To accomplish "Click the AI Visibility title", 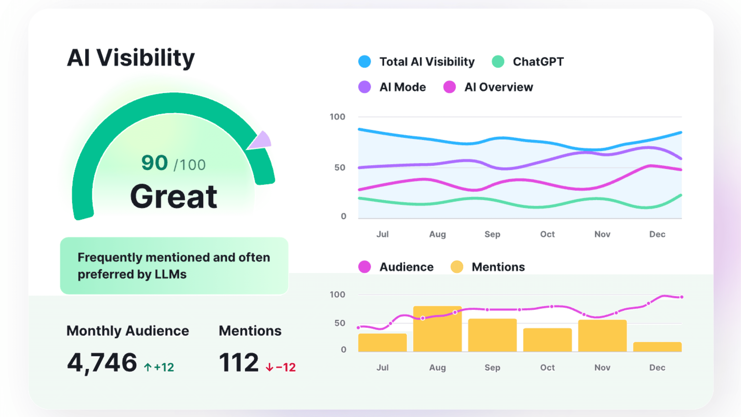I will click(131, 58).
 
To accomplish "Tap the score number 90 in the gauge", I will click(155, 163).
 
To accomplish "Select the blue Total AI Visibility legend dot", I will click(364, 62).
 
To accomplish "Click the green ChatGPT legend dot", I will click(498, 62).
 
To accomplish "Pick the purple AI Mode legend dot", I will click(364, 87).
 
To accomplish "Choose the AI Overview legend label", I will click(499, 87).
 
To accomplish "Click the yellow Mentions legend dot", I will click(457, 267).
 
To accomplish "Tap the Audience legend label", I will click(407, 267).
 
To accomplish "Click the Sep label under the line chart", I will click(492, 234).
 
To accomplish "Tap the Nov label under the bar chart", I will click(602, 367).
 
